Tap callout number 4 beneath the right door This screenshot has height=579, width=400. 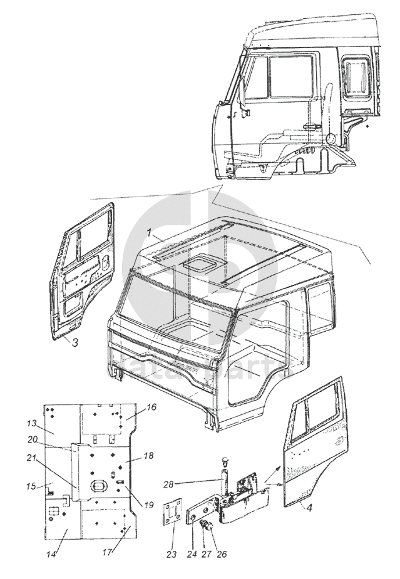pyautogui.click(x=310, y=508)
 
